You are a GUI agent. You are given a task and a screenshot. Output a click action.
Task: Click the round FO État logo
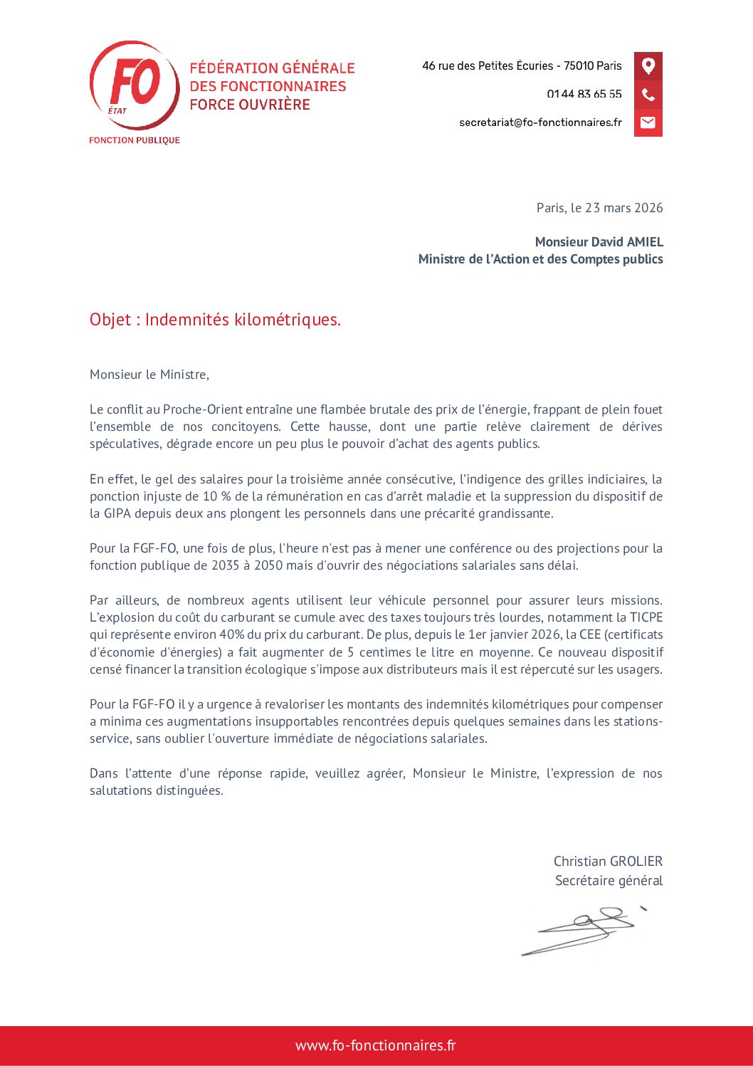coord(135,85)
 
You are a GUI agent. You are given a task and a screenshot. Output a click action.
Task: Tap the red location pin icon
coord(648,66)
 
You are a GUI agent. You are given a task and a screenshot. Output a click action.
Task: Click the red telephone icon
coord(648,95)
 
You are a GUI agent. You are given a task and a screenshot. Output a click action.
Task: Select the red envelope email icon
coord(648,122)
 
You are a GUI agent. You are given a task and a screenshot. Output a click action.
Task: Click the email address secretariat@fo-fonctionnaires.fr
coord(540,122)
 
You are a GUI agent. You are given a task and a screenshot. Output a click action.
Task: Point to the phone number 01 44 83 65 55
coord(584,94)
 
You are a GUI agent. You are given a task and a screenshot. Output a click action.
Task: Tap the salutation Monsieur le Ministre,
coord(149,375)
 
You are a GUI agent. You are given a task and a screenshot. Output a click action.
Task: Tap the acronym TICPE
coord(646,617)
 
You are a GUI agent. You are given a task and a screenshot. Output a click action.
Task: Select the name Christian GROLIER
coord(608,862)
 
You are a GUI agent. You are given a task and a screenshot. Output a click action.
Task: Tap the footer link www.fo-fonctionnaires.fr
coord(376,1045)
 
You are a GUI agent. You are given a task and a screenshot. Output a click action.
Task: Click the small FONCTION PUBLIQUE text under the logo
coord(135,140)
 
